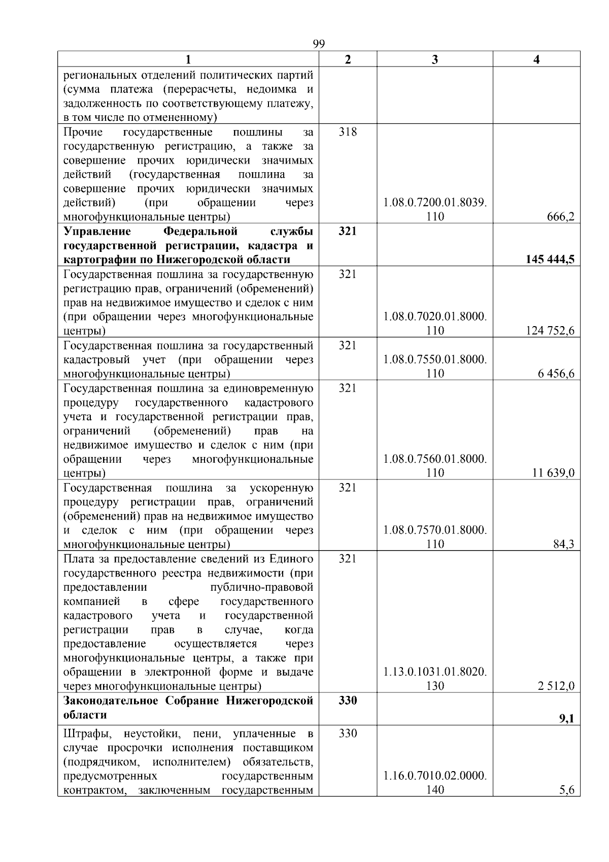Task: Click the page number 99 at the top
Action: (319, 44)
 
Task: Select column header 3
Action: (434, 59)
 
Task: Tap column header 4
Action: (536, 59)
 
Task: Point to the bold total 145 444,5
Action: (550, 260)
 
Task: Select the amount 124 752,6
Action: (550, 331)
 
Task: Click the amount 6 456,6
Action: (556, 374)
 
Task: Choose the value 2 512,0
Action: (556, 686)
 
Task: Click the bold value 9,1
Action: (567, 719)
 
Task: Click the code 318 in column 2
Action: (348, 132)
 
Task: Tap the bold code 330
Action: (348, 700)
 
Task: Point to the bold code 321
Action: (348, 231)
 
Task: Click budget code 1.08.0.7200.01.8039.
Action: (435, 203)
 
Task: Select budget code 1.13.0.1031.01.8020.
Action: (435, 672)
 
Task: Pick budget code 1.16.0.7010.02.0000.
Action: (435, 776)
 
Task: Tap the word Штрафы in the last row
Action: (83, 733)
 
